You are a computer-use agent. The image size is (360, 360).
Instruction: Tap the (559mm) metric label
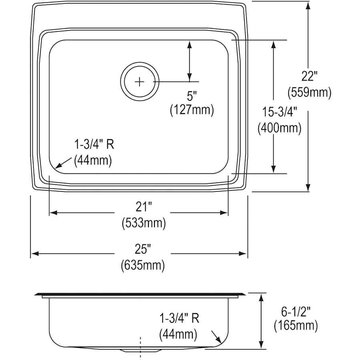coord(309,93)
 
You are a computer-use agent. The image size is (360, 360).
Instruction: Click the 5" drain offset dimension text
coord(192,96)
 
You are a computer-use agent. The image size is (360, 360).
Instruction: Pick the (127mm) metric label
coord(192,110)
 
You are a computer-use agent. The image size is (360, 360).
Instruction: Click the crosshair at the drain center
coord(139,81)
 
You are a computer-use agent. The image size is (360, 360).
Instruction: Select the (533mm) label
coord(144,223)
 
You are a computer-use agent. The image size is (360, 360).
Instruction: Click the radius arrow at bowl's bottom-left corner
coord(59,164)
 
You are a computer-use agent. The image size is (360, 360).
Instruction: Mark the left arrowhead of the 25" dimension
coord(34,254)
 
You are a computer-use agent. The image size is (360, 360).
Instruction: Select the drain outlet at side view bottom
coord(140,350)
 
